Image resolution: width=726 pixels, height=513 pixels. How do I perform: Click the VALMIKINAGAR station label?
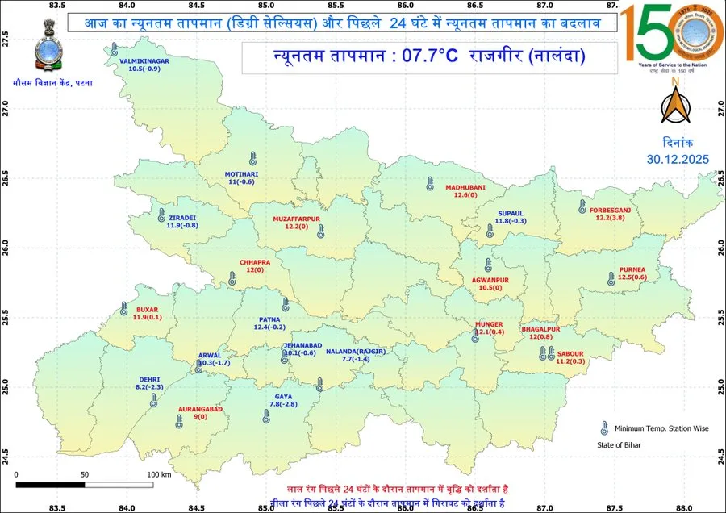144,60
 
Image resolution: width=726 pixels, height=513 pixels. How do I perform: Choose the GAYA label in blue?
283,397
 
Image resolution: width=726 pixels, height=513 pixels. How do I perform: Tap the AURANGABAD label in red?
199,409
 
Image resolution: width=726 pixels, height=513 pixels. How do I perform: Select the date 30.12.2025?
678,159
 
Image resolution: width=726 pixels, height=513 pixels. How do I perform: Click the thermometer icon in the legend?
603,428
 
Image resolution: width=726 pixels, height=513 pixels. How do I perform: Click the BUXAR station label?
148,310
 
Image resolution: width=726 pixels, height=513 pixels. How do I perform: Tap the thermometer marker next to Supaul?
489,231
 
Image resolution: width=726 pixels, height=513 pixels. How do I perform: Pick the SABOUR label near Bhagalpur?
570,353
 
